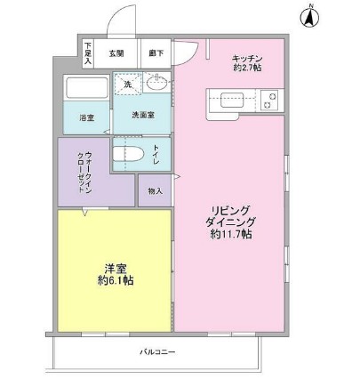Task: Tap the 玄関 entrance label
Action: click(x=117, y=53)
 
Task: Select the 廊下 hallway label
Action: click(x=156, y=53)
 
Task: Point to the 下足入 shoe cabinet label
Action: click(x=88, y=52)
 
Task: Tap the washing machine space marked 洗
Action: click(x=126, y=85)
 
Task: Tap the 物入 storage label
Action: click(x=155, y=191)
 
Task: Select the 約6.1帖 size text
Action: click(x=116, y=280)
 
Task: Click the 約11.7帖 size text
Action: click(x=230, y=235)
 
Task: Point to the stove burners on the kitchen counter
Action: click(x=268, y=101)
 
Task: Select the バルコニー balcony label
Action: click(x=156, y=352)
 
